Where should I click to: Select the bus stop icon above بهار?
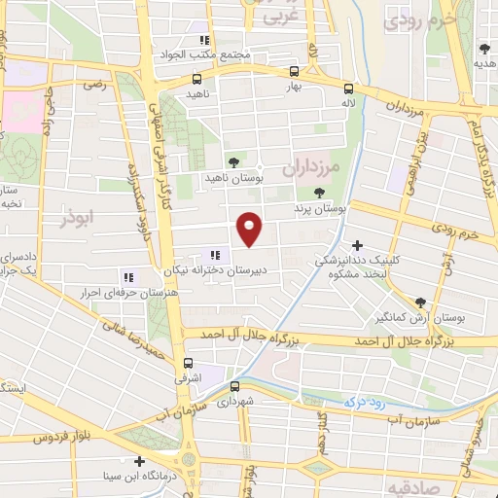pyautogui.click(x=294, y=71)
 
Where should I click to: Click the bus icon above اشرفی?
pyautogui.click(x=189, y=364)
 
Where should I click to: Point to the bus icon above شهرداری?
pyautogui.click(x=233, y=386)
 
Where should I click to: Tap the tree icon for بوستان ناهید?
pyautogui.click(x=231, y=162)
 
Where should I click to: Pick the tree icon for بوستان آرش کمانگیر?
pyautogui.click(x=420, y=302)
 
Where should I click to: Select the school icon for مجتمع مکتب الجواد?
pyautogui.click(x=204, y=40)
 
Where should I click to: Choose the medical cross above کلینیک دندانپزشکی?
pyautogui.click(x=358, y=245)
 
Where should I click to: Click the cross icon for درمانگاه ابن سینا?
pyautogui.click(x=140, y=461)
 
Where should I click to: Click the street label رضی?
pyautogui.click(x=94, y=86)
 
